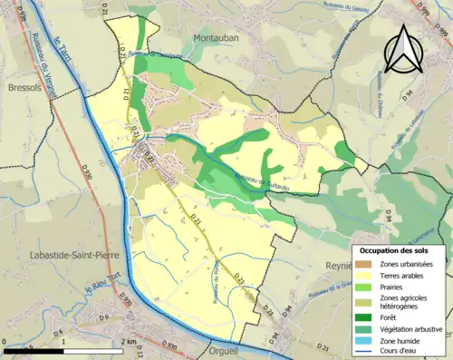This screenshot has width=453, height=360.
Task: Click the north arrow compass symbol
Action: point(401,49)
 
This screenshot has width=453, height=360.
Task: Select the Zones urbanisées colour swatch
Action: point(366,264)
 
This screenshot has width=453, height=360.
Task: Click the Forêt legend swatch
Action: point(366,317)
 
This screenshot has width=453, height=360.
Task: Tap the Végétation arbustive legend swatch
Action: point(366,329)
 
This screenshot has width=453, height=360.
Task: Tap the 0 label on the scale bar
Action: point(5,341)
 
